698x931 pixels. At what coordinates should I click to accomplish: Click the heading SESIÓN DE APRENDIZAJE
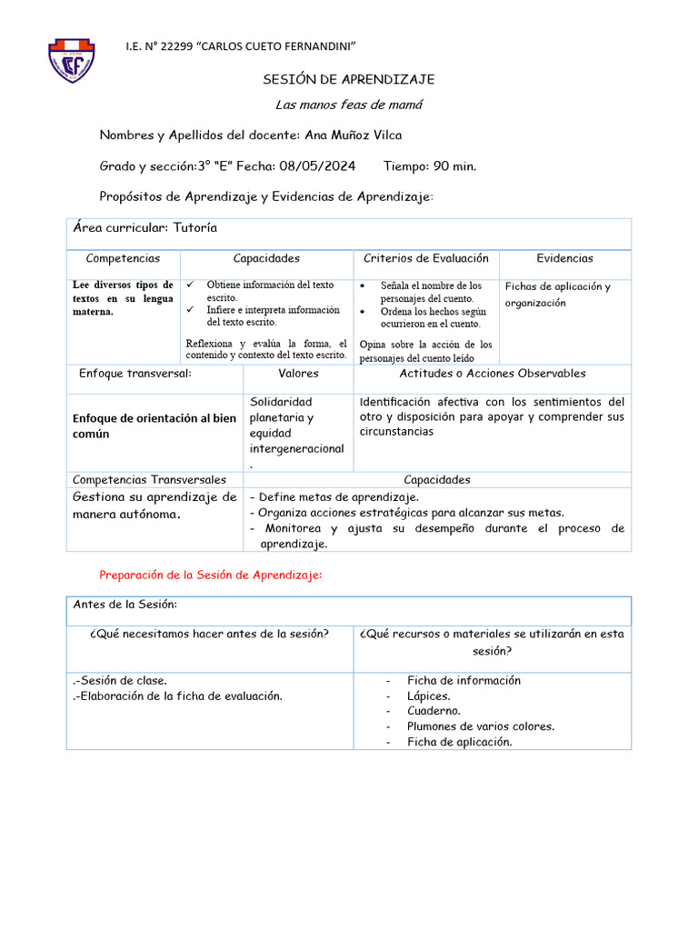(348, 80)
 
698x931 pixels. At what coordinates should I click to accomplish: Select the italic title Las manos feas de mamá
(348, 105)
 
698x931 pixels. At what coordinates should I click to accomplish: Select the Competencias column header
(122, 259)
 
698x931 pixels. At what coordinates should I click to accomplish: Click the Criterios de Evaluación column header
(426, 259)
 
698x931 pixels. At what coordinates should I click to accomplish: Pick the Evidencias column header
(564, 259)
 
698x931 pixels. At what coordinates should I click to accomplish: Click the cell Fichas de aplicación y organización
(557, 295)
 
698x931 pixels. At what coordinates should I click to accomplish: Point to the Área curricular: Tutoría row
(145, 228)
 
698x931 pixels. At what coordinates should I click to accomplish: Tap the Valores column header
(298, 374)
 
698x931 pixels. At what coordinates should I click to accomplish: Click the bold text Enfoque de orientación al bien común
(154, 425)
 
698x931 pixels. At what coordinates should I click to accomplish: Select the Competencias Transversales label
(149, 480)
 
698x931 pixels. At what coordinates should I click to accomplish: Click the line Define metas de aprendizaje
(334, 497)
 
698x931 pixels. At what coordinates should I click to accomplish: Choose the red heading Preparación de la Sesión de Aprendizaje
(210, 576)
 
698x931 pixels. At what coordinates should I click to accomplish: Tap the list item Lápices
(428, 696)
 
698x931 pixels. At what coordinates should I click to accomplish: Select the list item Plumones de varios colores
(480, 726)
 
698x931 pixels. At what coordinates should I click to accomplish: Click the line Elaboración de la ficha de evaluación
(177, 696)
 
